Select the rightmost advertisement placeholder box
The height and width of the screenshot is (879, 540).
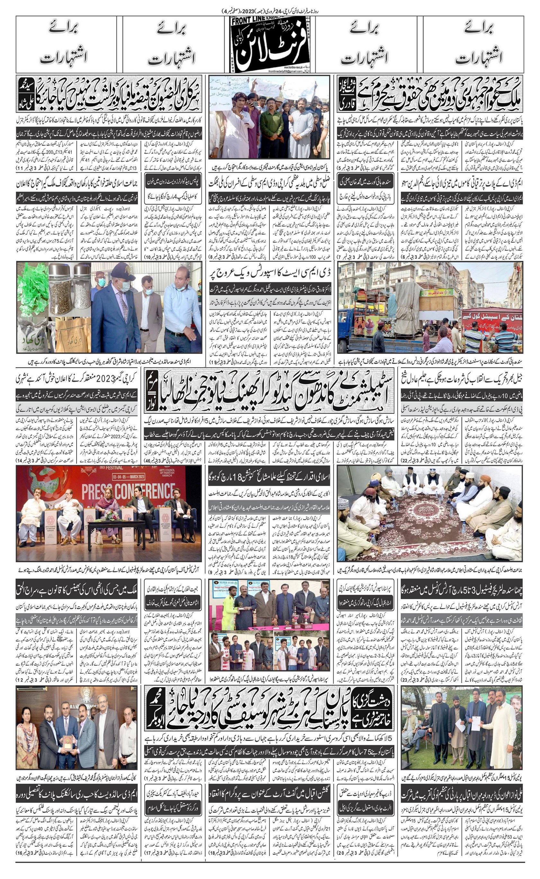click(473, 44)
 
